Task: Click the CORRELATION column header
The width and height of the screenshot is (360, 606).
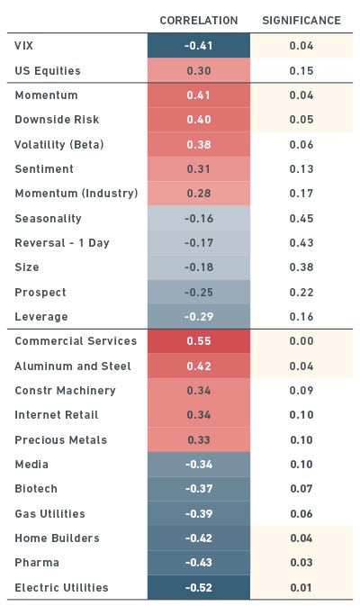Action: click(199, 21)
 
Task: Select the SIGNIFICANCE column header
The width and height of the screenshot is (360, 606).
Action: click(301, 21)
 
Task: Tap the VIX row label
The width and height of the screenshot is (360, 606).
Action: click(24, 46)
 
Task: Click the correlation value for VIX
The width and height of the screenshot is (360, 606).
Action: click(199, 46)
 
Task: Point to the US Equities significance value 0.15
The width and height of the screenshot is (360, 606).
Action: click(301, 71)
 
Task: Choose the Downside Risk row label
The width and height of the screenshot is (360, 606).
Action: click(57, 120)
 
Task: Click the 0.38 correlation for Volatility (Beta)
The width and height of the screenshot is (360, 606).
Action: click(199, 145)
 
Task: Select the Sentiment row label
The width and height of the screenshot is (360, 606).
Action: click(44, 169)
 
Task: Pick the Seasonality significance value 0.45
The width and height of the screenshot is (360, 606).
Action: click(301, 219)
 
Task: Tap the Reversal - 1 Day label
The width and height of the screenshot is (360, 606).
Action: click(62, 243)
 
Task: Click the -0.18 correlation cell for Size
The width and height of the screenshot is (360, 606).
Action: click(199, 267)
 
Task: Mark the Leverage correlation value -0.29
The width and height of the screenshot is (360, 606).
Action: click(199, 317)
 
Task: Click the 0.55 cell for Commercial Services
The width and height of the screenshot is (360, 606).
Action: click(199, 341)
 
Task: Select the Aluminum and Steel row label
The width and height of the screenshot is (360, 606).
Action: click(73, 366)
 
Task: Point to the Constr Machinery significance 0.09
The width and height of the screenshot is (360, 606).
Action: click(301, 391)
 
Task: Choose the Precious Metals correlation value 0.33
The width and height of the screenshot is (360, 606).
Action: click(199, 439)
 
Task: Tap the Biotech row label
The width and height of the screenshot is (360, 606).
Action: click(36, 489)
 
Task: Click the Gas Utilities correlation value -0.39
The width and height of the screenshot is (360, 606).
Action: click(199, 513)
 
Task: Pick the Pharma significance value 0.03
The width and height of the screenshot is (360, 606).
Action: click(301, 562)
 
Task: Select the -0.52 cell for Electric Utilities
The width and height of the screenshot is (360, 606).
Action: click(199, 587)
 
